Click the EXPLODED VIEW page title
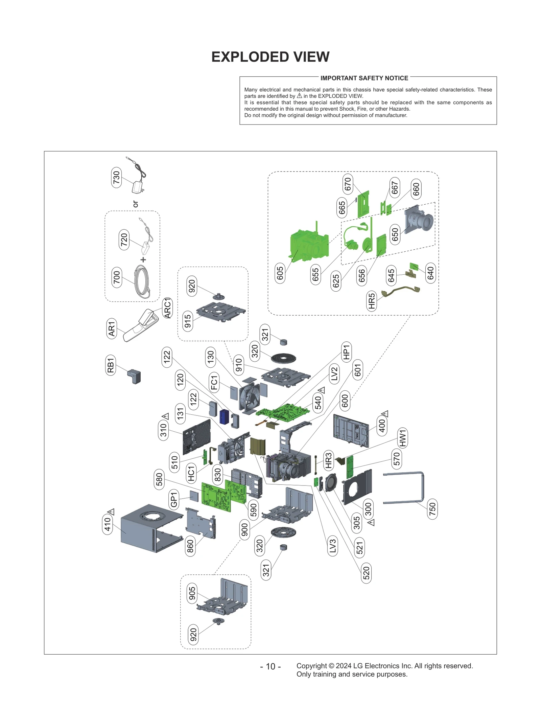point(270,57)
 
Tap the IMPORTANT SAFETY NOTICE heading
point(364,78)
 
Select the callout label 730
point(116,177)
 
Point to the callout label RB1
point(111,365)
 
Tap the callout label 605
point(280,273)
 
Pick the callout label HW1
point(403,438)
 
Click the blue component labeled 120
point(224,416)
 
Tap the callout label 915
point(188,321)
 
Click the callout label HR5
point(372,301)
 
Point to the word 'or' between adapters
point(136,204)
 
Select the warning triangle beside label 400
point(385,414)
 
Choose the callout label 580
point(159,479)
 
